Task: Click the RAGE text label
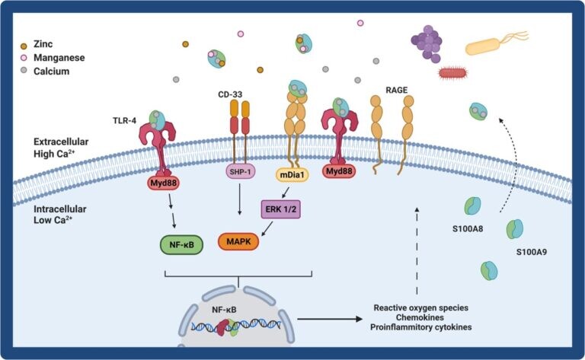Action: pyautogui.click(x=397, y=89)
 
